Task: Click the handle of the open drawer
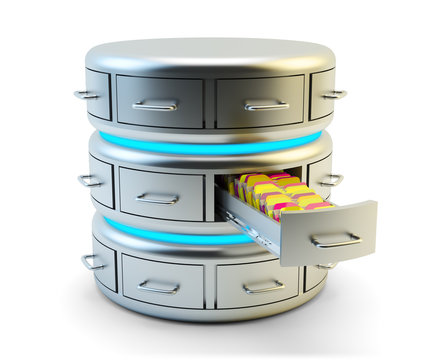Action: (336, 240)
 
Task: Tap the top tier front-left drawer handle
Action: (156, 104)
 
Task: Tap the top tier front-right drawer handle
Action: (266, 104)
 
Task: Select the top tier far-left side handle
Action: (87, 95)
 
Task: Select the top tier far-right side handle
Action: (333, 94)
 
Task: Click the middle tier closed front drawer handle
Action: (157, 198)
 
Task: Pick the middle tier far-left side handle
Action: (90, 181)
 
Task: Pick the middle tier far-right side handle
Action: (331, 180)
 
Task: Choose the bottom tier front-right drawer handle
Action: (262, 287)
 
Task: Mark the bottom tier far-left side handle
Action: (93, 262)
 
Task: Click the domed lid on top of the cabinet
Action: (210, 55)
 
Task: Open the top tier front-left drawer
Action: (159, 100)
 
